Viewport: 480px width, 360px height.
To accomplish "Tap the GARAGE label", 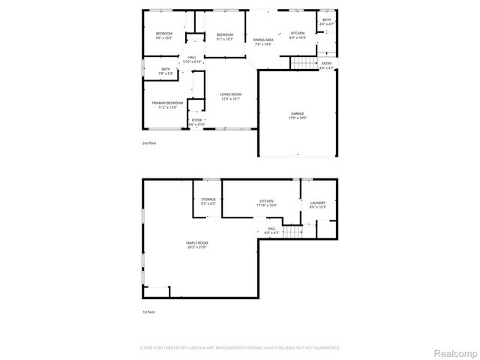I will (298, 113).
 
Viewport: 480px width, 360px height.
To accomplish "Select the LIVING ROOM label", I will (230, 94).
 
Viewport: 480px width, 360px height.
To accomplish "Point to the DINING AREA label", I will (262, 39).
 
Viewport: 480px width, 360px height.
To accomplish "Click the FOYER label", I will (196, 119).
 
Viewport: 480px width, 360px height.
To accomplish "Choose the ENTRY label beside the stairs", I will (327, 63).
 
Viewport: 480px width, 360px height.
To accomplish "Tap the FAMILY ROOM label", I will (197, 243).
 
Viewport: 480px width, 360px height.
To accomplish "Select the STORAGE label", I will (208, 199).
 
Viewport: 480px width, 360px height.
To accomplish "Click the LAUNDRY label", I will (317, 202).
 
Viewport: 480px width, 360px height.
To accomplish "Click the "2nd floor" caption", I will (150, 142).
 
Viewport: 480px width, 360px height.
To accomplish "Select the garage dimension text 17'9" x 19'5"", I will (298, 118).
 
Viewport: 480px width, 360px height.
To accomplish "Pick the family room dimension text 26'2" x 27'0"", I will (197, 247).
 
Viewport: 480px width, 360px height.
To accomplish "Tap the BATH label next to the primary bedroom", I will (166, 69).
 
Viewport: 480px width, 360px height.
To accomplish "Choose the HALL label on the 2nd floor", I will (192, 57).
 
